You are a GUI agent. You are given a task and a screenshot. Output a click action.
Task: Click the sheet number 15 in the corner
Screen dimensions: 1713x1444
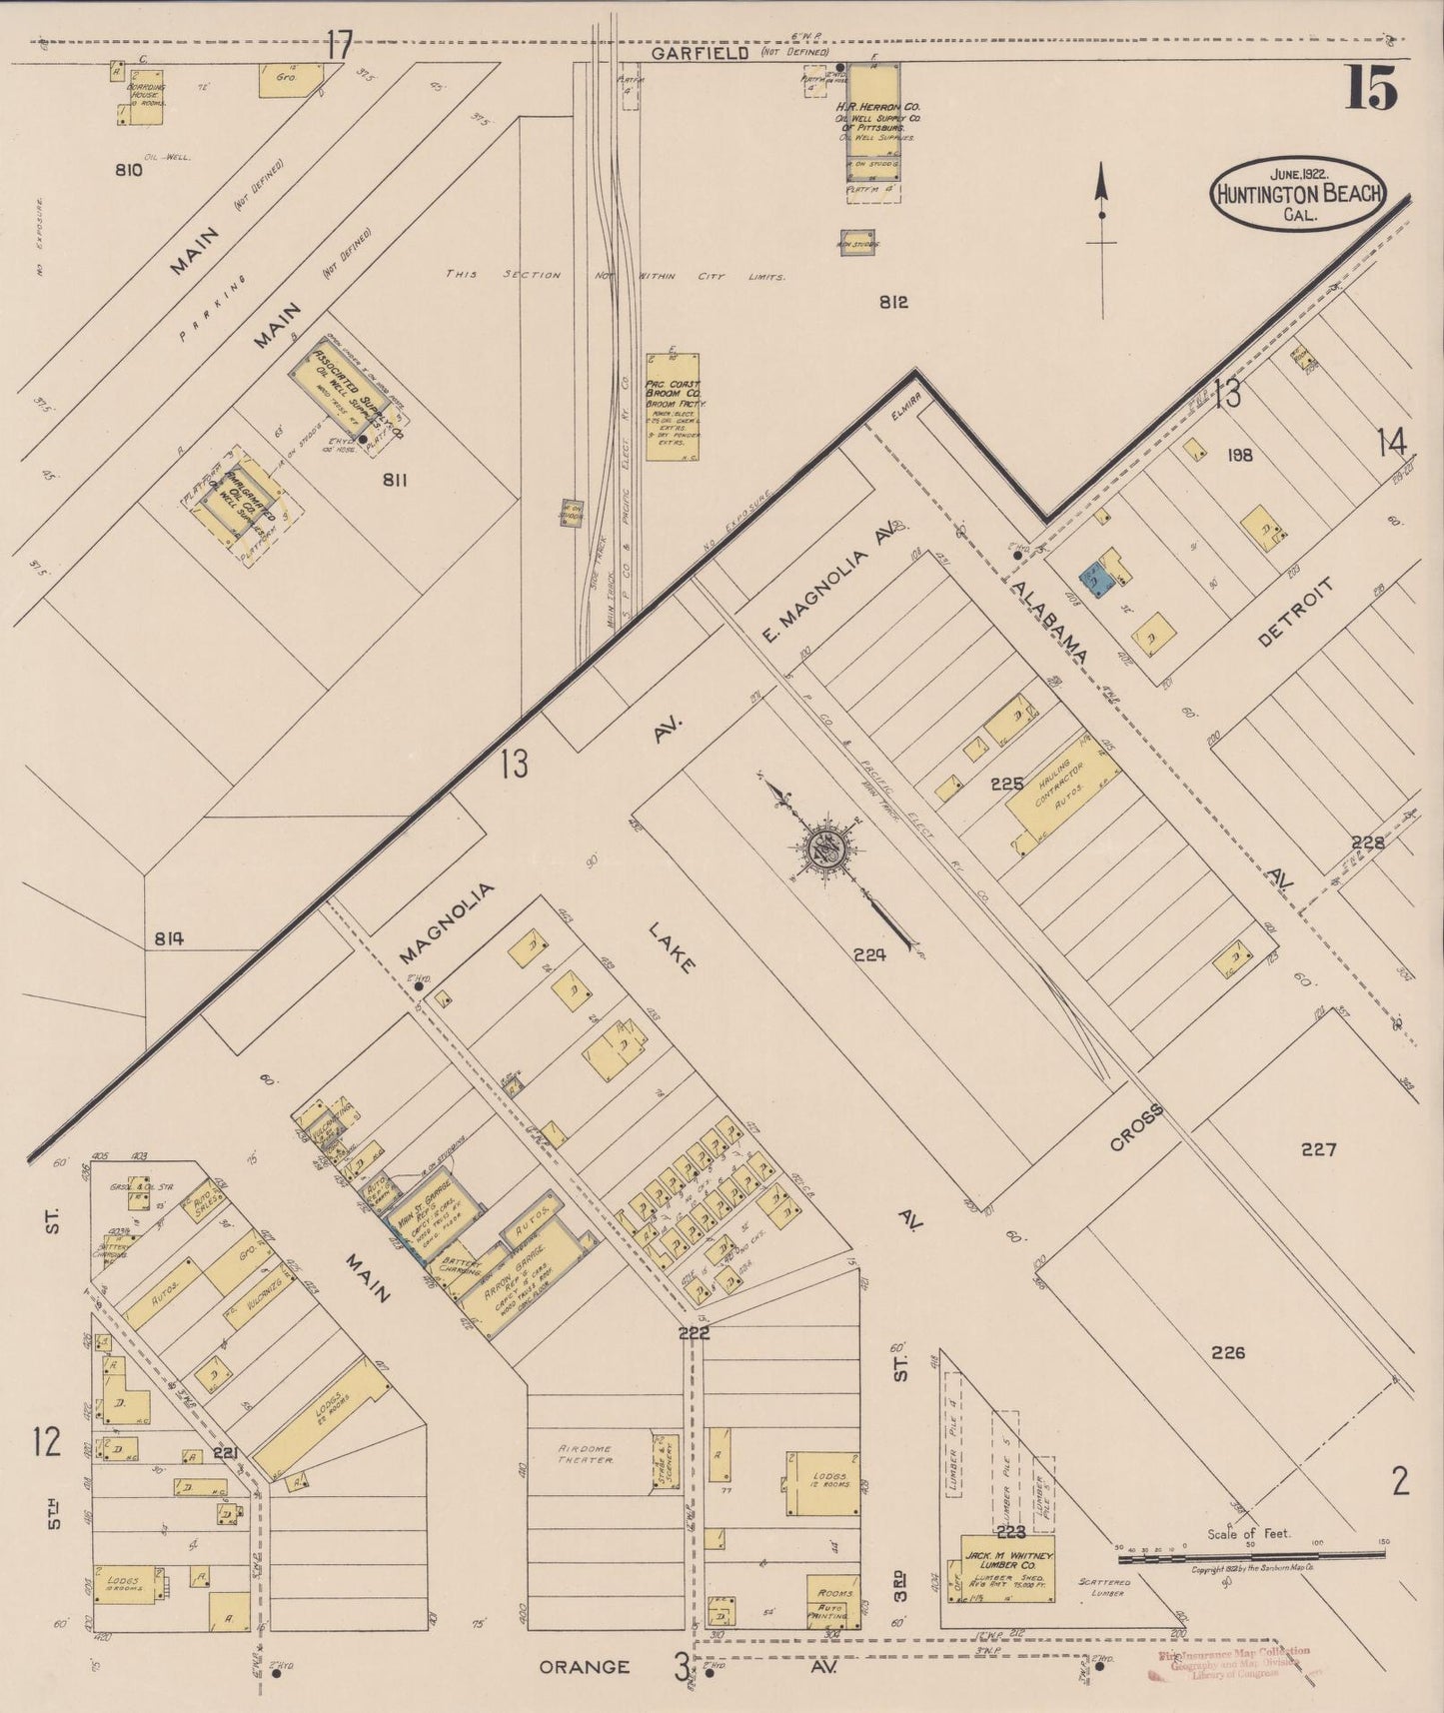coord(1370,88)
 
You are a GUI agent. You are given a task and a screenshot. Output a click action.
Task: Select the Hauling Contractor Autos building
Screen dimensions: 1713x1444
coord(1062,799)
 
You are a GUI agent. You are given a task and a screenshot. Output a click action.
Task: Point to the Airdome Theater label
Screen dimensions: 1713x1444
coord(586,1454)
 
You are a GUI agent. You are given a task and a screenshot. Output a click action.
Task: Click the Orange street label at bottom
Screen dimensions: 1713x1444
coord(585,1667)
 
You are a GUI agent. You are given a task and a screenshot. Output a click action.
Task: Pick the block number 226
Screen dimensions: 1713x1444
coord(1228,1353)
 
